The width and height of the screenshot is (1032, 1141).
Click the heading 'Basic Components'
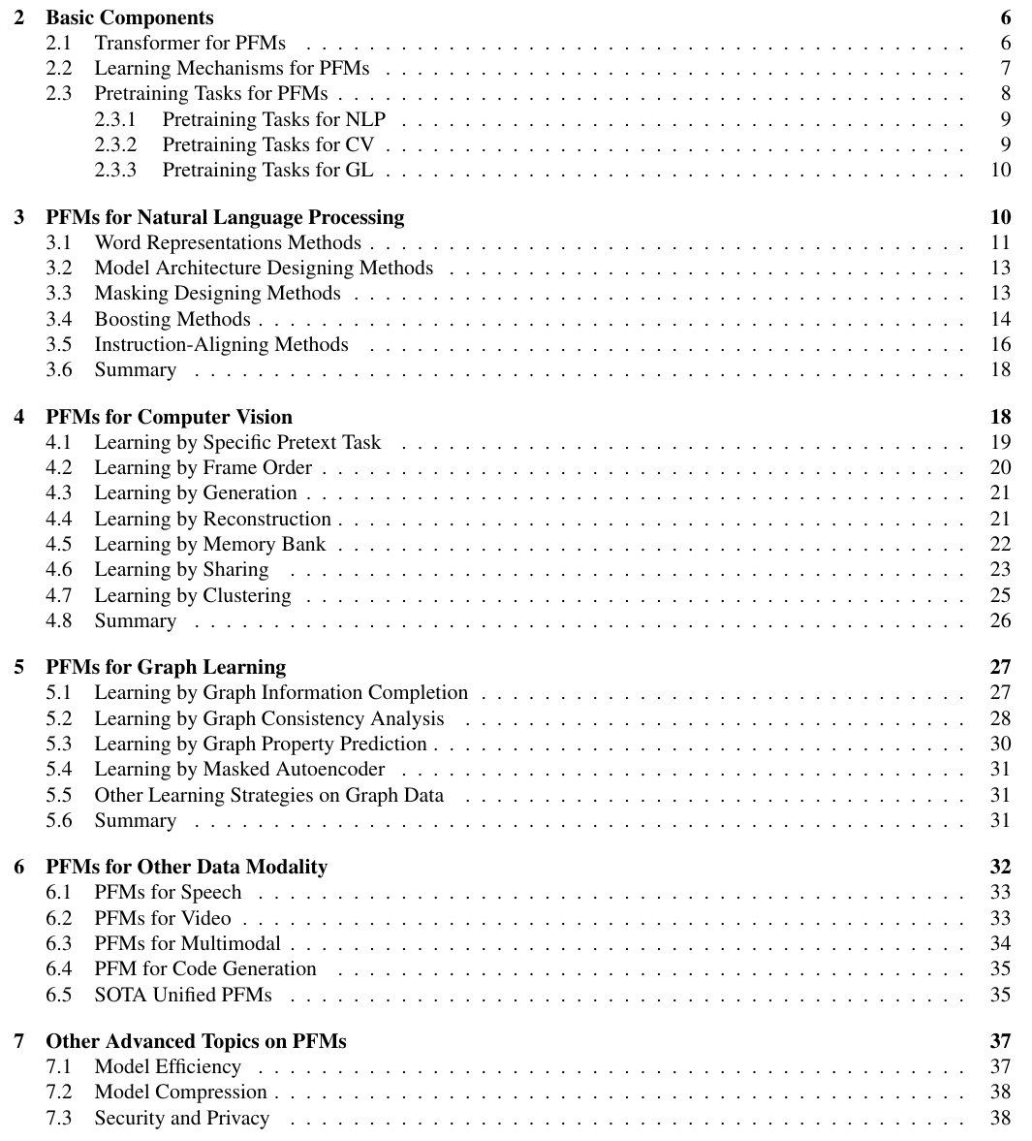(x=130, y=17)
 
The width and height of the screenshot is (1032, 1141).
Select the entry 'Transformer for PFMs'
(x=189, y=43)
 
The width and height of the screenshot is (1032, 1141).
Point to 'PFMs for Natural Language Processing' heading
(x=225, y=217)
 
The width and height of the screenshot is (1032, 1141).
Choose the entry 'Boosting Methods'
(x=172, y=319)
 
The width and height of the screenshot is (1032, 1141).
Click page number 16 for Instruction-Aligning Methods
(x=1001, y=344)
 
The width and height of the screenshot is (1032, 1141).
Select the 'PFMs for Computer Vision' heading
(x=169, y=417)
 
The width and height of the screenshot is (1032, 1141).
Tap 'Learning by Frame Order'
(x=203, y=467)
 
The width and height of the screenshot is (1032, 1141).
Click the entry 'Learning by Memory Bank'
(x=209, y=544)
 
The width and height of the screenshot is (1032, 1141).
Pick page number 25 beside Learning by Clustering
(x=1001, y=595)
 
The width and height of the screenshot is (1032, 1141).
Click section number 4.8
(x=59, y=620)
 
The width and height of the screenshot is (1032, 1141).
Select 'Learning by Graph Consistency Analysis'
(x=268, y=718)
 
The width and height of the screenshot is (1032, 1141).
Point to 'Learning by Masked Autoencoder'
(x=239, y=769)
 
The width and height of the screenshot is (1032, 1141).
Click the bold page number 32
(x=1000, y=867)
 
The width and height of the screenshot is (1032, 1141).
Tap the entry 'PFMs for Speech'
(x=168, y=892)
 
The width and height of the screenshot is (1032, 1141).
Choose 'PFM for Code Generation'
(x=205, y=968)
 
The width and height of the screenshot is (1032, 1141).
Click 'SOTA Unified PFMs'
(x=183, y=995)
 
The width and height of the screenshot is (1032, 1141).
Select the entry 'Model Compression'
(x=180, y=1092)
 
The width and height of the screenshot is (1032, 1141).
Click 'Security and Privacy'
(x=181, y=1118)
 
